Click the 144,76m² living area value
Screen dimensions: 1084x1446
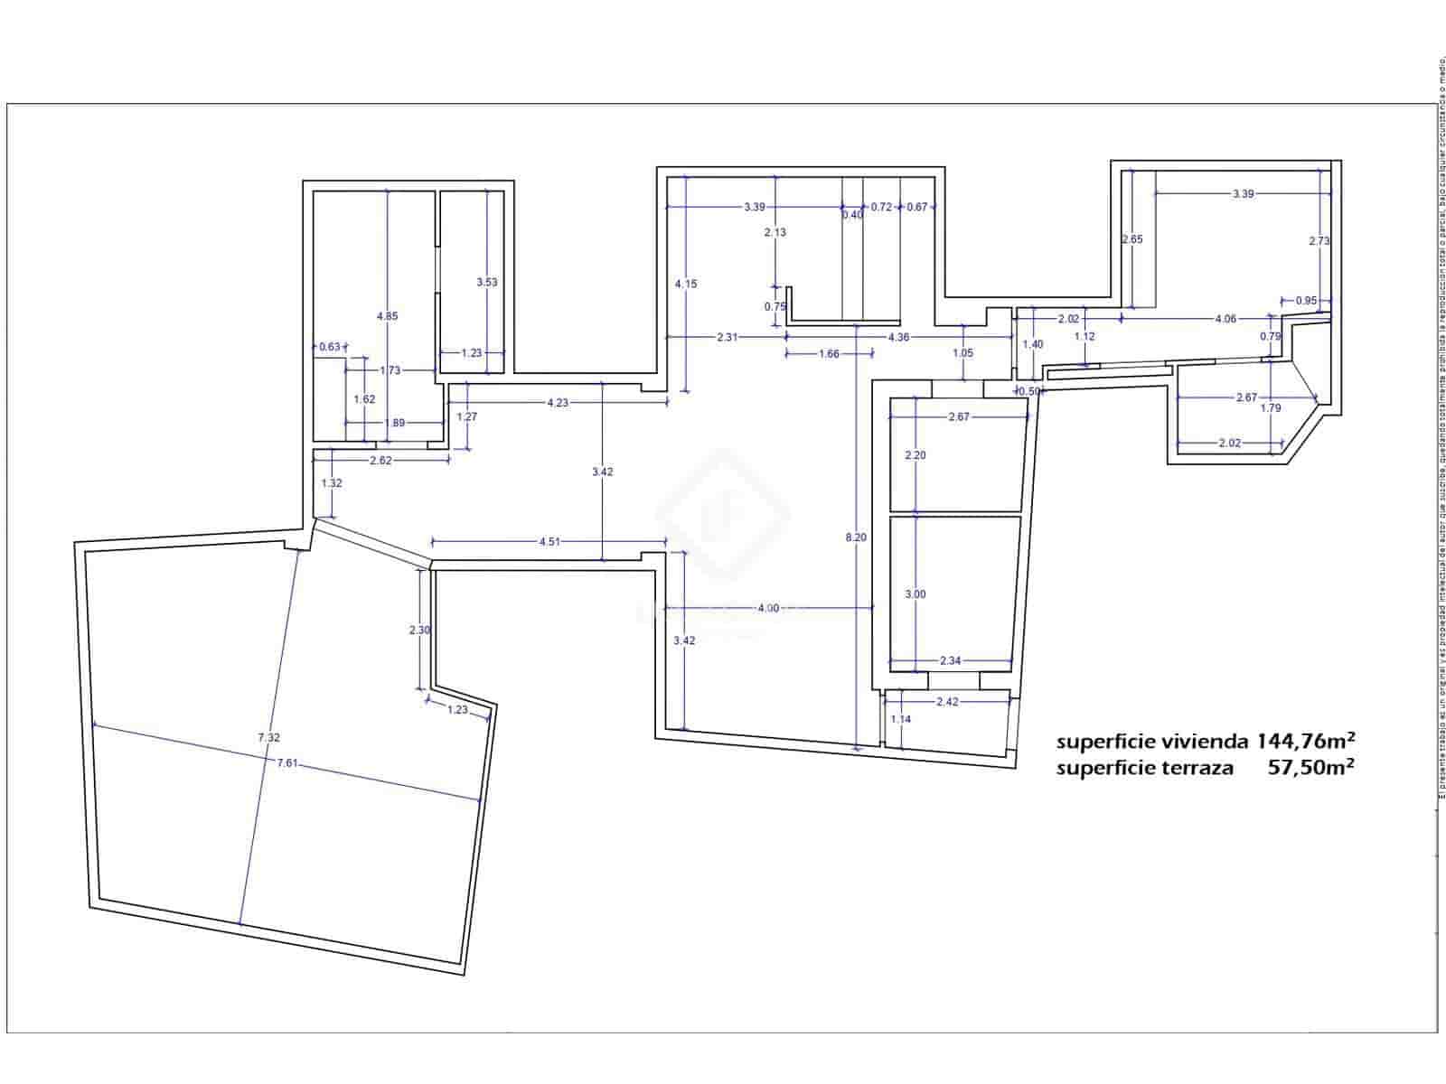pos(1303,742)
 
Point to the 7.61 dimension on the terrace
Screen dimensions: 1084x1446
pos(287,763)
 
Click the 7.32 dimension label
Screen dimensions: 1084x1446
pos(268,738)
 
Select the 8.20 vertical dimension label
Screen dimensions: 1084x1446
pos(855,537)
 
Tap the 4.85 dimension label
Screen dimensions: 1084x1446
pos(387,316)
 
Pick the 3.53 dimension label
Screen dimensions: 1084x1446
pos(486,282)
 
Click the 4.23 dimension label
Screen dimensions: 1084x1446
pos(558,403)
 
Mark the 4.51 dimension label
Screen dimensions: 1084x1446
pos(549,542)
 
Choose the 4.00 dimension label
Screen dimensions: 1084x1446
pos(767,608)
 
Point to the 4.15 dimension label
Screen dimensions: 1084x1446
pos(686,284)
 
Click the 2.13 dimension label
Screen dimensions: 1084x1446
pos(775,232)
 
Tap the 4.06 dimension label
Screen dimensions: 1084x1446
pos(1225,318)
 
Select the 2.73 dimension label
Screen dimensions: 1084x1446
pos(1319,241)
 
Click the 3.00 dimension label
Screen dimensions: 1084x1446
pos(915,594)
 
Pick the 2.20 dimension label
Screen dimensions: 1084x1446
pos(915,455)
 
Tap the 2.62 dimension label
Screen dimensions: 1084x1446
pos(380,461)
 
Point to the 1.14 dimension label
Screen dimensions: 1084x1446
pos(900,719)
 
